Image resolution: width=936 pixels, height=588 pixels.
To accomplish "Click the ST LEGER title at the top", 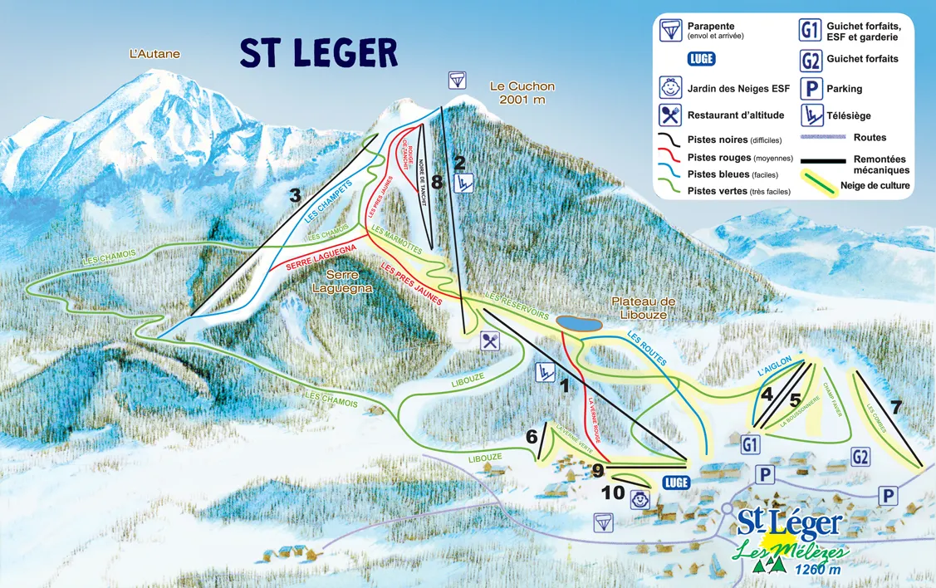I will [319, 53].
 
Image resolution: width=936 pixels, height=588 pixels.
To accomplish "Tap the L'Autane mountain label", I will [154, 54].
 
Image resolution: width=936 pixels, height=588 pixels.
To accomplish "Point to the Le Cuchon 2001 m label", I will [522, 92].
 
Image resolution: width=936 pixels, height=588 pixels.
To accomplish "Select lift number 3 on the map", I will [294, 195].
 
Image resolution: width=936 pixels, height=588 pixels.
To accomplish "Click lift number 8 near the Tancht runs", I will [437, 182].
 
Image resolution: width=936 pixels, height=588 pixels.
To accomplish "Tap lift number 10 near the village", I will [613, 492].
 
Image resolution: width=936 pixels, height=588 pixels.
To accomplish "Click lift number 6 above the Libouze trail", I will [532, 436].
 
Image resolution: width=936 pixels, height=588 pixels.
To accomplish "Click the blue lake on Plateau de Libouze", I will [578, 323].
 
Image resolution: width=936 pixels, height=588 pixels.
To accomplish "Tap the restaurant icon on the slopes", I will [490, 341].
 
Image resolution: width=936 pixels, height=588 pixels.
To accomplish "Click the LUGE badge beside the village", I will [677, 483].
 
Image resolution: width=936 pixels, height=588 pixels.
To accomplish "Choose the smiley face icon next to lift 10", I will [640, 500].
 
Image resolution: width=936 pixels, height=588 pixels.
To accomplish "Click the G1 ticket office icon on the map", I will [750, 444].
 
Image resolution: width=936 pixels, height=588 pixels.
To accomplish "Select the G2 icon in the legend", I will [811, 61].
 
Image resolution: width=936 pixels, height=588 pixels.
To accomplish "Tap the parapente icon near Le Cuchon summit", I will [457, 80].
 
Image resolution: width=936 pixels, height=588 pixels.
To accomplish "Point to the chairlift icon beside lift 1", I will [545, 372].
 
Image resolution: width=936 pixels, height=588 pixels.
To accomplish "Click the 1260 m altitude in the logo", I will [816, 570].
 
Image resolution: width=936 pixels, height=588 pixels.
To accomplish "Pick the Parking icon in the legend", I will [811, 88].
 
